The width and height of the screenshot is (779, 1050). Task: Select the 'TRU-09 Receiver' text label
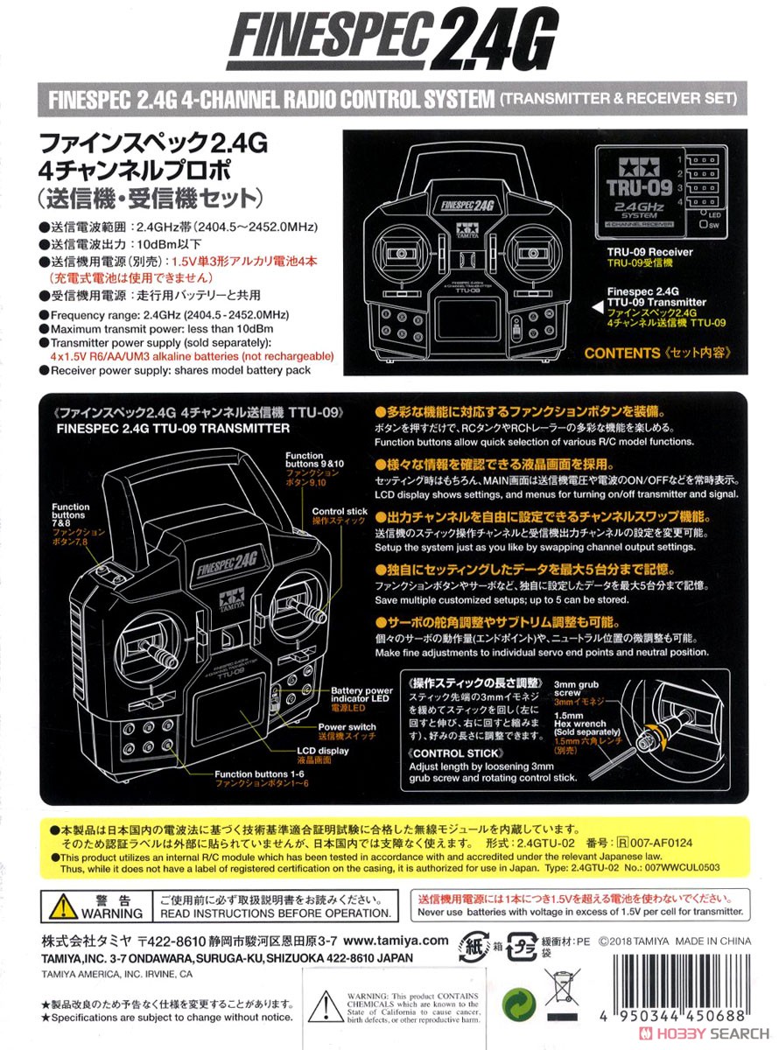coord(651,250)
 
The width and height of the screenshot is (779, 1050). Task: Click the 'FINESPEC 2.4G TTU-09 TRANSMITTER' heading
coord(172,429)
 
